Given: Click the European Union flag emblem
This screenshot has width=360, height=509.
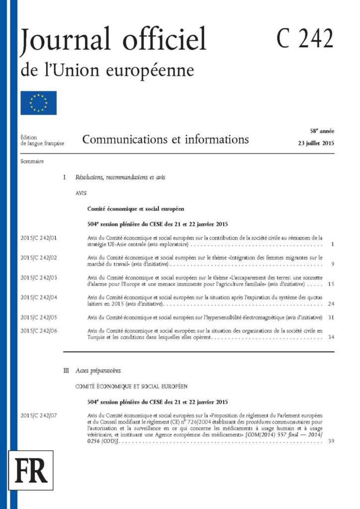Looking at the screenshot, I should (38, 103).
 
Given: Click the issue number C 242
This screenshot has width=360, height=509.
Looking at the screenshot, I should (305, 38).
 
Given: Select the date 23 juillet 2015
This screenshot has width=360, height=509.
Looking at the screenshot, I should (314, 144).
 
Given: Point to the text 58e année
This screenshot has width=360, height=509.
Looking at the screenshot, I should (322, 131).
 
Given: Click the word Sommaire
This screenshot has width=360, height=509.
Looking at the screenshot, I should (32, 162).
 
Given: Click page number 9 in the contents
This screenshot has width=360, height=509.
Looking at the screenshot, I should (332, 264).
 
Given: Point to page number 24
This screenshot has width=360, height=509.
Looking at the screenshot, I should (331, 303).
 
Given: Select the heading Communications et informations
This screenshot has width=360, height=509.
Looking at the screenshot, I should (166, 139).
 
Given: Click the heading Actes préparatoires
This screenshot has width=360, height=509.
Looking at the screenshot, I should (98, 370).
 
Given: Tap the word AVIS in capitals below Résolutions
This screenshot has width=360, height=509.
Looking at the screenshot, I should (82, 193).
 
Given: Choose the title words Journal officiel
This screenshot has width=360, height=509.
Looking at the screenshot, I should (113, 40).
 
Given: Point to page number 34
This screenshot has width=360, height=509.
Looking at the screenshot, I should (331, 337).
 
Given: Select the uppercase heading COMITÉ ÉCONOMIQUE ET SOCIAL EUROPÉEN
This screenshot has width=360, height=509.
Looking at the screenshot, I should (131, 386).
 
